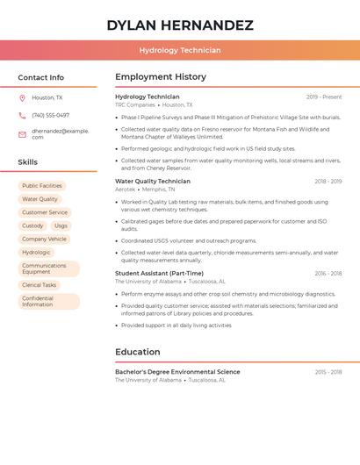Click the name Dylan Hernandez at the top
(x=180, y=25)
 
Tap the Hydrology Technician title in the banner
(x=180, y=51)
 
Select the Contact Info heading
(x=41, y=77)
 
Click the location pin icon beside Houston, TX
(x=22, y=97)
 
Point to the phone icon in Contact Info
(x=22, y=115)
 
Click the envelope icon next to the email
(x=22, y=134)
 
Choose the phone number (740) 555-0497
(x=50, y=115)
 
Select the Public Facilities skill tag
(x=42, y=186)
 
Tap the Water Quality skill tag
(x=40, y=199)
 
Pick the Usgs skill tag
(x=61, y=225)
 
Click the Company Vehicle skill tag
(x=44, y=239)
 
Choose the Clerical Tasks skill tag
(x=39, y=285)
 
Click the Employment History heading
(x=161, y=77)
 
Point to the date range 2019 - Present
(x=324, y=97)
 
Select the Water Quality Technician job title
(x=153, y=182)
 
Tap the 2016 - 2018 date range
(x=328, y=274)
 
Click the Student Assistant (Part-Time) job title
(x=159, y=274)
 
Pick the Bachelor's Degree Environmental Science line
(x=177, y=372)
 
